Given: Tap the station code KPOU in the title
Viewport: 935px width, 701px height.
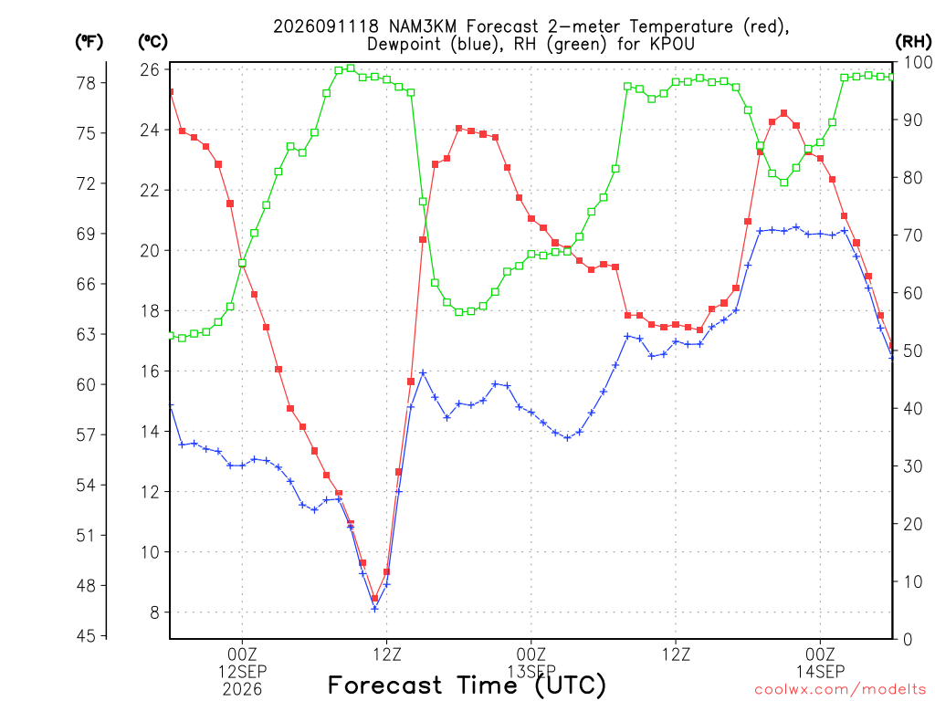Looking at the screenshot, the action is [673, 44].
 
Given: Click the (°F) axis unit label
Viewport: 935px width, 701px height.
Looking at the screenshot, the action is [89, 42].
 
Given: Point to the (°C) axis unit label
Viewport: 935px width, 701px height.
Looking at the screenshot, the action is [152, 42].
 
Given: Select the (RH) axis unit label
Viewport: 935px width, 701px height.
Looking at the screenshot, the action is [913, 42].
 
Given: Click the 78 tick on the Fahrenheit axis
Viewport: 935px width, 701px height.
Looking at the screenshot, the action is [86, 83].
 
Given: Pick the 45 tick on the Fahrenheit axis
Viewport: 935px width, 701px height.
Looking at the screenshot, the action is [86, 636].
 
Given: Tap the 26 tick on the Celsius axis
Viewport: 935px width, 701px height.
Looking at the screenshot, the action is [150, 69].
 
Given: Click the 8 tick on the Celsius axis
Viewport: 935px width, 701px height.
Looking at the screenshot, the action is [155, 612].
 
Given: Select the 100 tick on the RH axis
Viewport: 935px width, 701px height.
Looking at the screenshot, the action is [918, 62].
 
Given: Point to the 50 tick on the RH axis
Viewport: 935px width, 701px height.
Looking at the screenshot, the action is [913, 350].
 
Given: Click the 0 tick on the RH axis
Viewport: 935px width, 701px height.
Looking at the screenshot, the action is [908, 639].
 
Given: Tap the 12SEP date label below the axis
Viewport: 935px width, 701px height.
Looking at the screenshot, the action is [242, 672].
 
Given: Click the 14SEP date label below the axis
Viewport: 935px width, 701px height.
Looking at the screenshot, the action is [821, 672].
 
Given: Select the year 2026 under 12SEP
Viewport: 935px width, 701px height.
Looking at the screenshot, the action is [242, 690].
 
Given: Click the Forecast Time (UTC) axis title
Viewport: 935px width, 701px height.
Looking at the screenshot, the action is [467, 685].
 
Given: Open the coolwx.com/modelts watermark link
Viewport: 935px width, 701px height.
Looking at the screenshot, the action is [840, 690].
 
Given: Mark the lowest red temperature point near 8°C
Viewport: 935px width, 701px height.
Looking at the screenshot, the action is [374, 598].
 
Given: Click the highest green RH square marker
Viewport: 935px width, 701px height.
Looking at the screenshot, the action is [351, 68].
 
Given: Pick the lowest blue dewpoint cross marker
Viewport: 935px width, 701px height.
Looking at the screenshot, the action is [374, 609].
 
